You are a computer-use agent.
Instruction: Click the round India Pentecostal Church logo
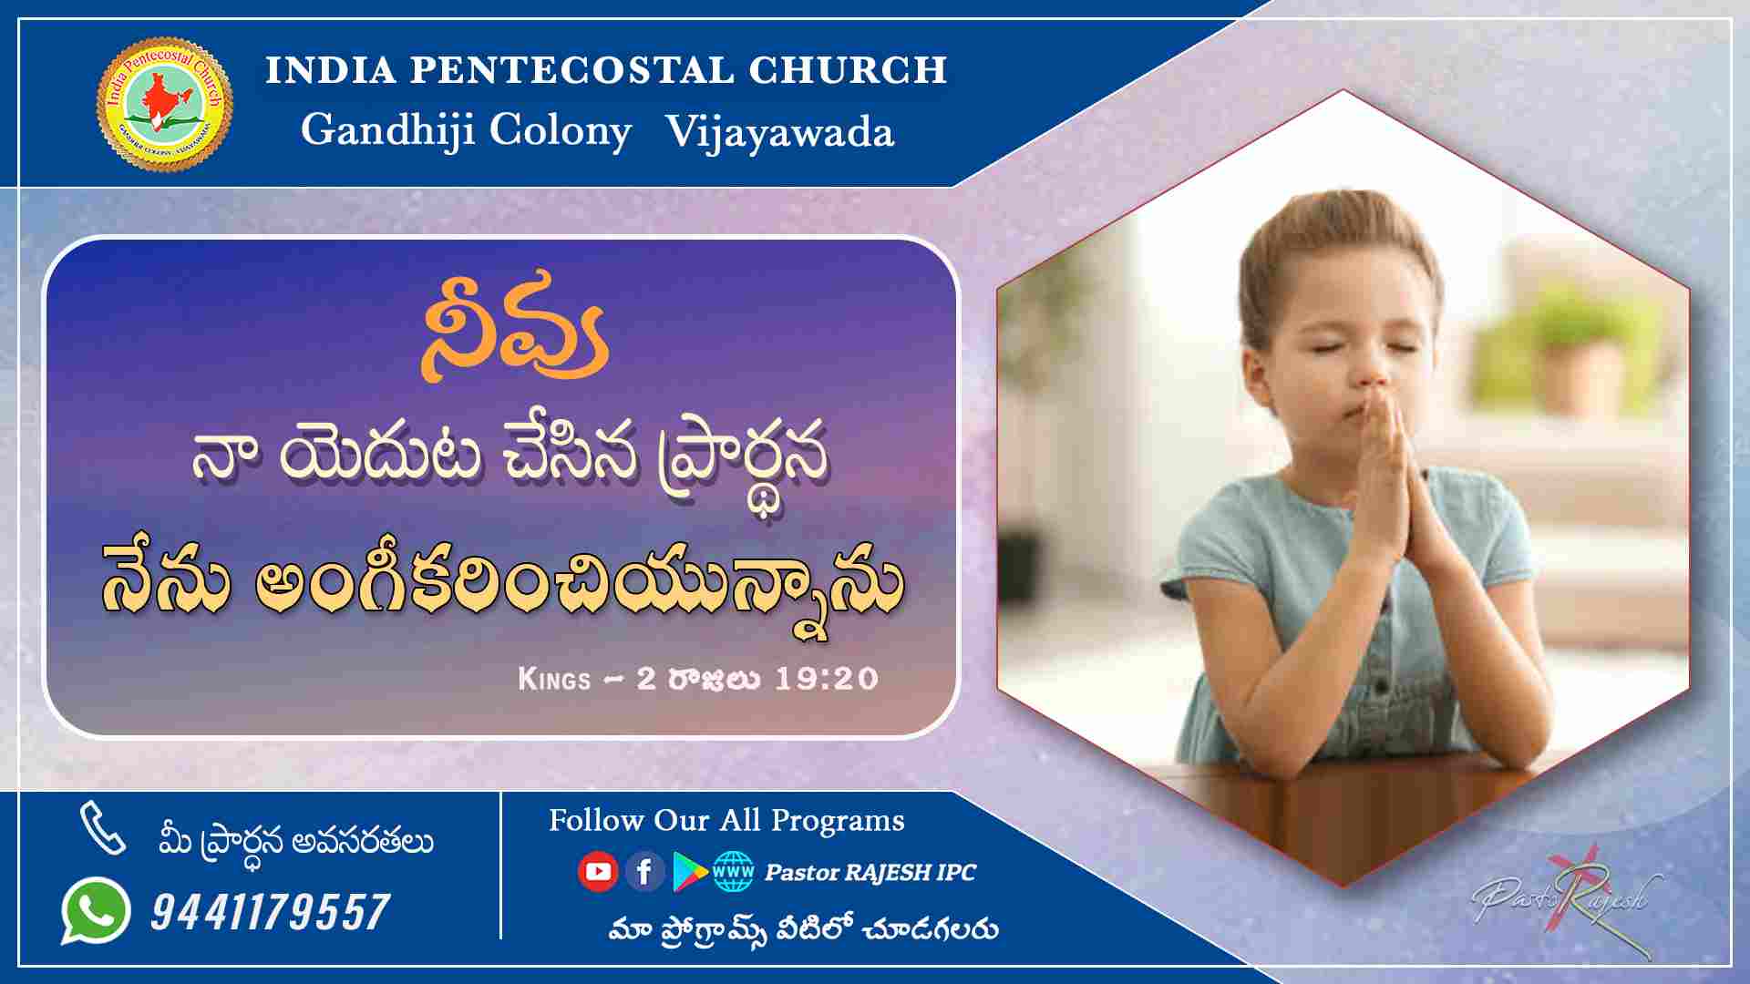164,103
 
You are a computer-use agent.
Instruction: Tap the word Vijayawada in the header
779,132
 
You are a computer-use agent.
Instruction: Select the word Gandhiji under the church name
387,132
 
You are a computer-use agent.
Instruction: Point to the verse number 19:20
826,679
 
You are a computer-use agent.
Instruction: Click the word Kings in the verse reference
554,679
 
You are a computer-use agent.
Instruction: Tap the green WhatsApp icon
95,910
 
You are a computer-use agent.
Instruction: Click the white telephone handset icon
102,827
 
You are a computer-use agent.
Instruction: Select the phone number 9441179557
271,912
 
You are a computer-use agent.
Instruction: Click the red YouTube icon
598,872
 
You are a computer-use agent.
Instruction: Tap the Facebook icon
644,872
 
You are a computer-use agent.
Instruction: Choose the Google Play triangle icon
690,872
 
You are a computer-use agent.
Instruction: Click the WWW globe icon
734,872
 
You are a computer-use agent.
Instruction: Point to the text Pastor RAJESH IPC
870,873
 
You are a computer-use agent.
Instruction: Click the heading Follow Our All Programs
726,821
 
